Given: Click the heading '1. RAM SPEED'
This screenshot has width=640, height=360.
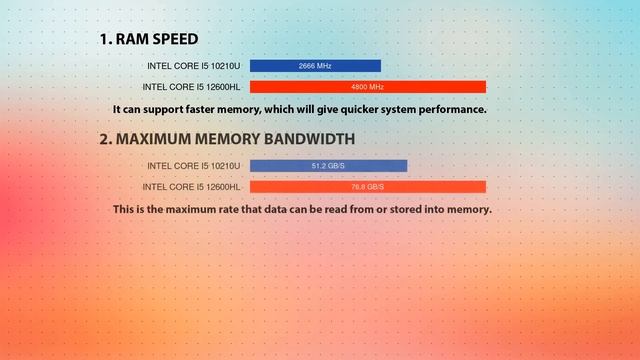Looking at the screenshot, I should pos(148,39).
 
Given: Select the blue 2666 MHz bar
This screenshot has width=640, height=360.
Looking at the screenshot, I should pos(315,66).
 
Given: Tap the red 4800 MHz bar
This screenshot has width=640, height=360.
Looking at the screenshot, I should pos(367,87).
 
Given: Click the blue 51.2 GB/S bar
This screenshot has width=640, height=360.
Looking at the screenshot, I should pos(328,166).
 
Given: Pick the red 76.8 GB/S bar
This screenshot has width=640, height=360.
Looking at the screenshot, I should pos(367,187).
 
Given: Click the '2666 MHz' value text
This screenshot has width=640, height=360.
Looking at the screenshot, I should pos(315,66).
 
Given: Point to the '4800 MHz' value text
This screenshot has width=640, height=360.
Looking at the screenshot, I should pos(367,87).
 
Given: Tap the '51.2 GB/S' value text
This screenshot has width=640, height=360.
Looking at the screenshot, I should pos(328,166).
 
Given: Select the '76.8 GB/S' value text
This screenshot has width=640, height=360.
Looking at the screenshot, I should pos(367,187).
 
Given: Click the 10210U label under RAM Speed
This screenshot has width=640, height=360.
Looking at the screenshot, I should pos(194,66).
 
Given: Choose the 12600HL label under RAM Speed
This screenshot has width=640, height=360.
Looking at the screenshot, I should pos(192,87).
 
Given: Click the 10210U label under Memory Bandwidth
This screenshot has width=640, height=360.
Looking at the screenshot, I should pos(194,166).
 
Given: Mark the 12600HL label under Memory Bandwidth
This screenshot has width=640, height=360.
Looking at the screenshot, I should pos(192,187).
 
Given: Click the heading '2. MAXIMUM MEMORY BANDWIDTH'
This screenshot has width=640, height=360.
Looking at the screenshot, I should pos(226,139).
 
